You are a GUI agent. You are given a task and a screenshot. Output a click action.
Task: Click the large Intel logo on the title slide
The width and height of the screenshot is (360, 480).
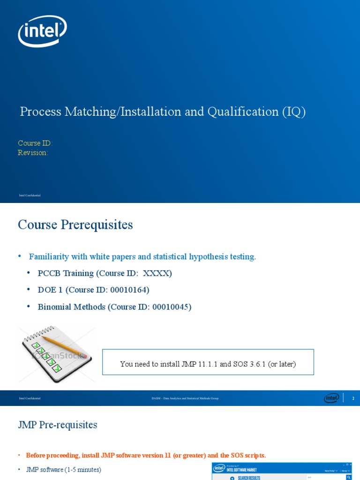[x=42, y=31]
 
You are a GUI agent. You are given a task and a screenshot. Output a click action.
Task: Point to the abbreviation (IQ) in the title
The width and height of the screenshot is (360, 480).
[x=294, y=112]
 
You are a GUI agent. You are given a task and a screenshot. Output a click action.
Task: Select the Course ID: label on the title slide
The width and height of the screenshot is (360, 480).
[x=35, y=143]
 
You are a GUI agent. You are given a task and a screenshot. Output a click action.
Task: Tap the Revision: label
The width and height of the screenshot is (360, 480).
[x=33, y=153]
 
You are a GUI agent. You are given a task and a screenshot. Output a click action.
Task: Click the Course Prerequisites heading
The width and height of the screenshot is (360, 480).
[x=75, y=225]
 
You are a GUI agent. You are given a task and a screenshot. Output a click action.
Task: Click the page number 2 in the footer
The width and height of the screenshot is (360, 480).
[x=353, y=398]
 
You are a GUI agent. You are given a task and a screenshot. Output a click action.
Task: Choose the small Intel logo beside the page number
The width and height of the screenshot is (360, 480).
[x=331, y=398]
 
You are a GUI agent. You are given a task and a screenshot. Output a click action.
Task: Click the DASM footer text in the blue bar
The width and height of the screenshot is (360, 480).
[x=185, y=398]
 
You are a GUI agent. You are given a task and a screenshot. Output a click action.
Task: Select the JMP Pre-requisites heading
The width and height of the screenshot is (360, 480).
[x=58, y=425]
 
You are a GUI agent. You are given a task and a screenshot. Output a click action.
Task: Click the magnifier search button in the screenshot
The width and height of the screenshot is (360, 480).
[x=348, y=477]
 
